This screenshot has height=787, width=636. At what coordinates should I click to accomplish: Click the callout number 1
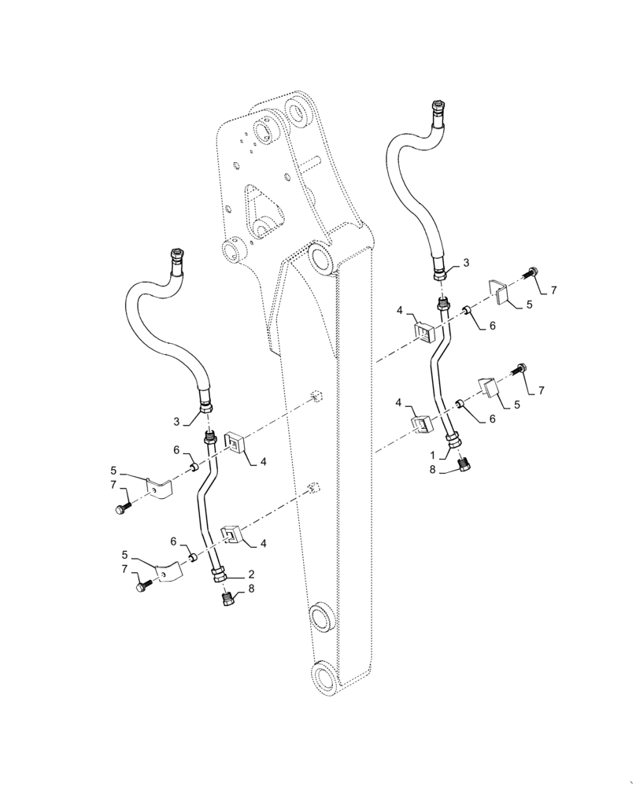[x=432, y=454]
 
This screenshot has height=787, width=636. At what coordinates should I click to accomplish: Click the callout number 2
[x=250, y=574]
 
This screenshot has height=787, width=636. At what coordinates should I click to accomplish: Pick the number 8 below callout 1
[x=432, y=470]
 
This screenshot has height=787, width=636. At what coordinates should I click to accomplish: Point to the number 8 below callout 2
[x=250, y=589]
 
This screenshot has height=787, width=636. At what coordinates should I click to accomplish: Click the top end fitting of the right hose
[x=437, y=109]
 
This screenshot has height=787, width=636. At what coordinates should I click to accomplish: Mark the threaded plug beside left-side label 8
[x=227, y=600]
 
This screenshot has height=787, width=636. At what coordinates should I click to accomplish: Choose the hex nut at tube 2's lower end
[x=217, y=576]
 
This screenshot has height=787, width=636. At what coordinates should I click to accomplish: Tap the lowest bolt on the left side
[x=141, y=586]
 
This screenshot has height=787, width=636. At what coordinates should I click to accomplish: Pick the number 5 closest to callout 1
[x=517, y=405]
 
